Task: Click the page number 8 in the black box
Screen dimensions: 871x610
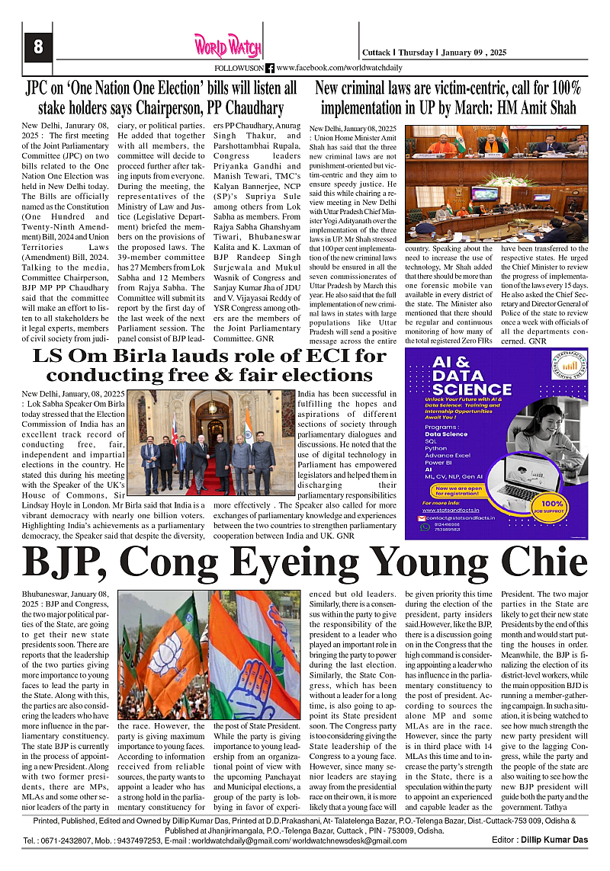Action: [x=37, y=47]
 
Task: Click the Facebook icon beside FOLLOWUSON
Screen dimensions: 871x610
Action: [x=269, y=68]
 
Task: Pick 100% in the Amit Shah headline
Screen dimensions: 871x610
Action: [x=563, y=88]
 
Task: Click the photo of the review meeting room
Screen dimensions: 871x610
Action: [x=497, y=184]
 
